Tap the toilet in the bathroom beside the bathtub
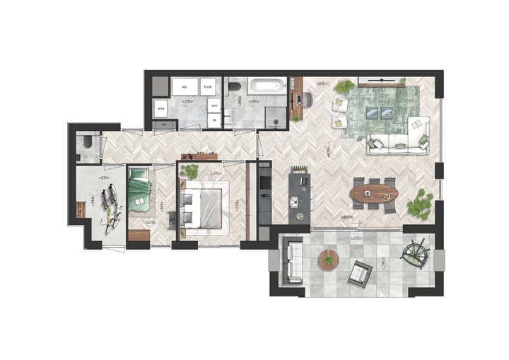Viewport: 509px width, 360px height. (x=234, y=87)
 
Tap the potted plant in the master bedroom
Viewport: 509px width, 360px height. (x=189, y=171)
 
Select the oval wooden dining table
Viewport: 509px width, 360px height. (x=375, y=192)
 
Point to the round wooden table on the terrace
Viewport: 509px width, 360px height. (x=328, y=260)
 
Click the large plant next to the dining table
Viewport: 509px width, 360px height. (x=421, y=204)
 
